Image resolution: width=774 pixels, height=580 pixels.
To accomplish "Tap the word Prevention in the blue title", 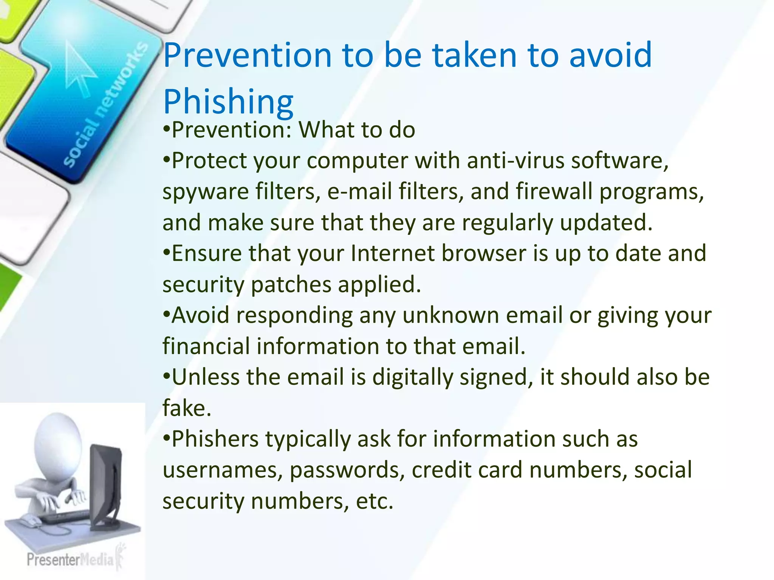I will tap(247, 56).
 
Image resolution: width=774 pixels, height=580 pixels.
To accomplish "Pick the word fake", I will tap(186, 408).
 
